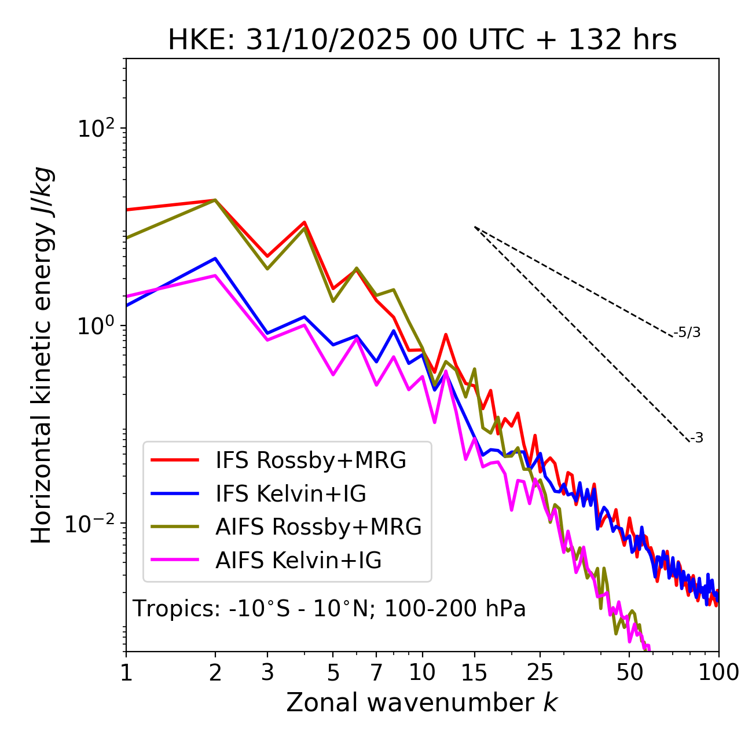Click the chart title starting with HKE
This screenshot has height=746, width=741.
click(x=422, y=41)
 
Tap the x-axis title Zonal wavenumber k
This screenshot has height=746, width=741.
click(x=422, y=703)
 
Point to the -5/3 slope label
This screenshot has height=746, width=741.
click(x=687, y=333)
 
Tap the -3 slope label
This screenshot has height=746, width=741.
click(x=696, y=438)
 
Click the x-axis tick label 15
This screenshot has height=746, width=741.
click(x=475, y=672)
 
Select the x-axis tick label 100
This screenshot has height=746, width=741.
click(x=718, y=672)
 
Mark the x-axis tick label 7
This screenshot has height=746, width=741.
click(x=376, y=672)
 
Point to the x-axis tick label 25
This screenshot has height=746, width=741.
click(x=540, y=672)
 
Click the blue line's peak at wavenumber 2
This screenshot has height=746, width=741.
click(x=215, y=258)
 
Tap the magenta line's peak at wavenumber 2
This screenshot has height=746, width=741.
click(x=215, y=276)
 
